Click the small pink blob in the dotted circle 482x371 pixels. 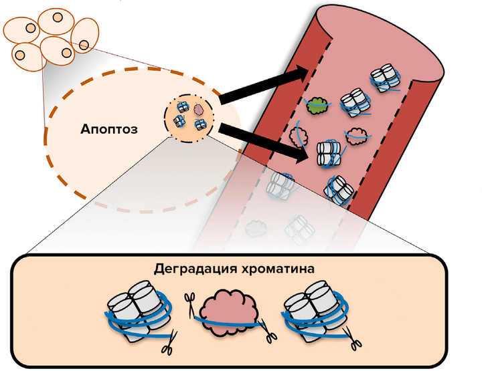point(198,108)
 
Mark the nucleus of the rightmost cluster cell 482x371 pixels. point(84,45)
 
